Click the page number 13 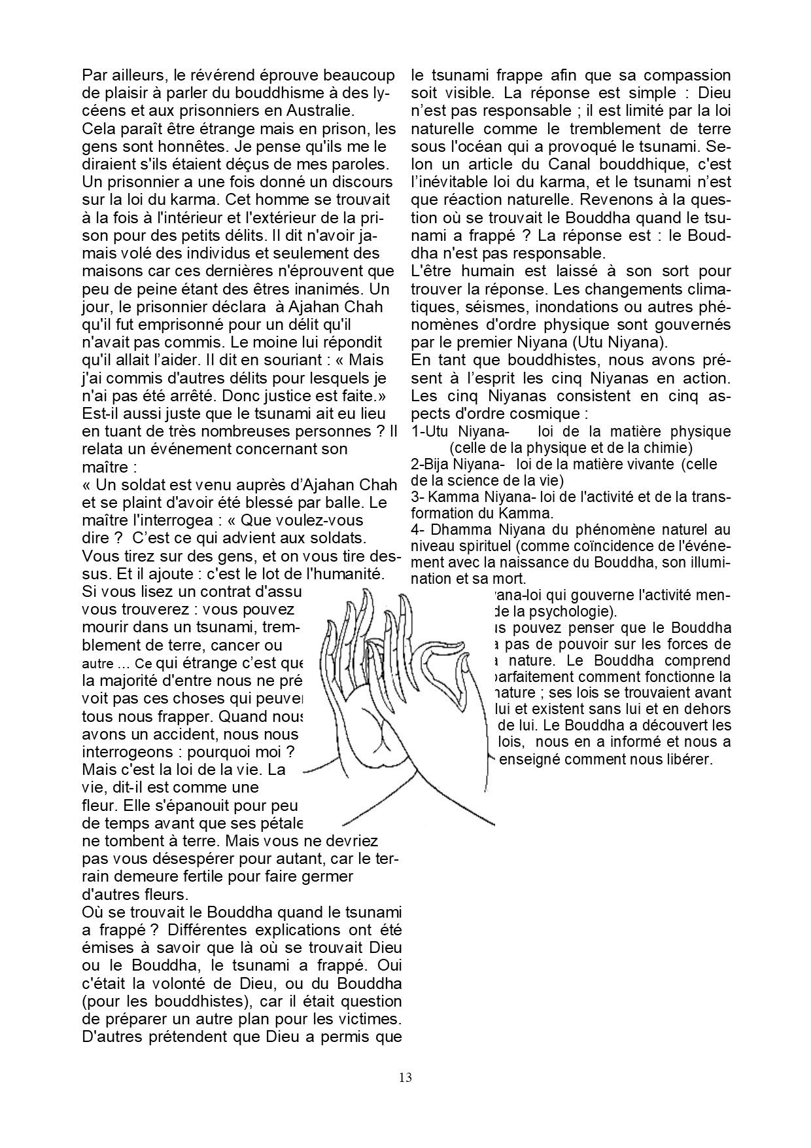[x=405, y=1077]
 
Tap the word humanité [x=351, y=574]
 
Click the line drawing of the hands [x=399, y=707]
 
